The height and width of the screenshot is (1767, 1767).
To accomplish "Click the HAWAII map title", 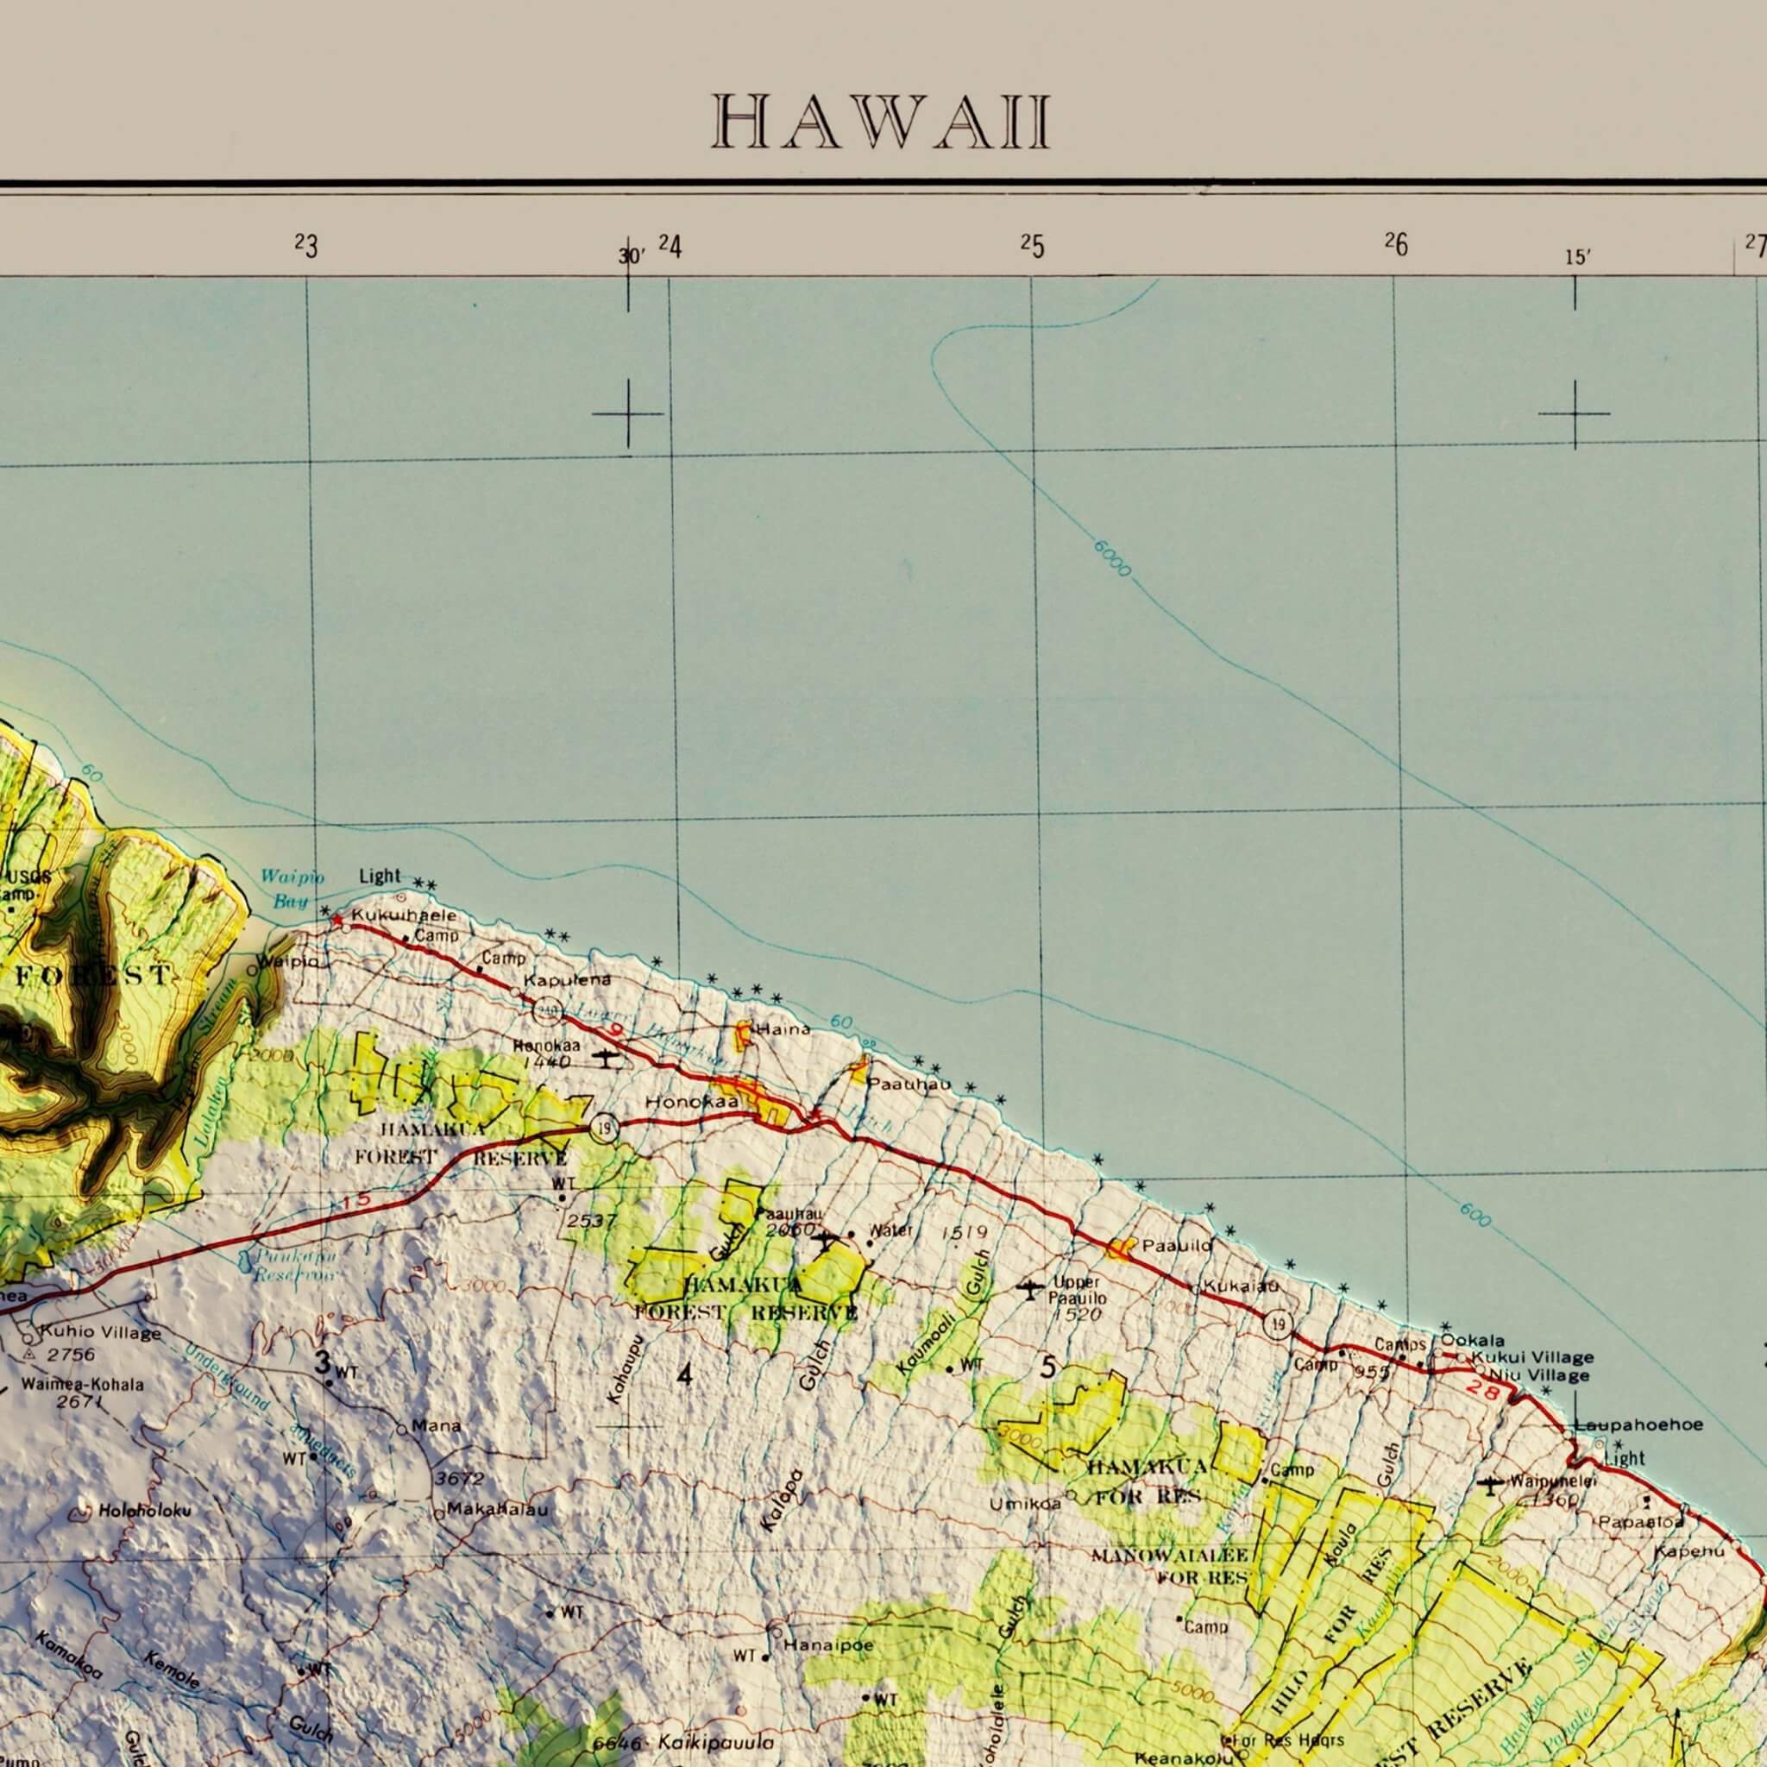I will pyautogui.click(x=882, y=122).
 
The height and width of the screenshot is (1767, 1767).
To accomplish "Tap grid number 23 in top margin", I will pyautogui.click(x=306, y=246).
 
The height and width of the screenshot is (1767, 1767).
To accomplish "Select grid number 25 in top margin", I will pyautogui.click(x=1032, y=246).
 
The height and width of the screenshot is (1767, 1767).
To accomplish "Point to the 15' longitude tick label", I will pyautogui.click(x=1575, y=258).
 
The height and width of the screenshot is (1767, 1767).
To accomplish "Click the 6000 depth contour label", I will pyautogui.click(x=1112, y=559).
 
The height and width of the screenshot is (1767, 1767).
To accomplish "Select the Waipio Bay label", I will pyautogui.click(x=292, y=889).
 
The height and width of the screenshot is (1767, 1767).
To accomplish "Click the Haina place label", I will pyautogui.click(x=783, y=1029).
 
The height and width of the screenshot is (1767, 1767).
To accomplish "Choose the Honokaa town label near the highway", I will pyautogui.click(x=691, y=1103).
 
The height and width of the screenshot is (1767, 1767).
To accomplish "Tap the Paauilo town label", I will pyautogui.click(x=1177, y=1245).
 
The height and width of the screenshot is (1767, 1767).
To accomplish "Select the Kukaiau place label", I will pyautogui.click(x=1240, y=1286).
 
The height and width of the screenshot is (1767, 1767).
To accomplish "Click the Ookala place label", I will pyautogui.click(x=1473, y=1341).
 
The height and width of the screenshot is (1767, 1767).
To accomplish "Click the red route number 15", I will pyautogui.click(x=357, y=1202).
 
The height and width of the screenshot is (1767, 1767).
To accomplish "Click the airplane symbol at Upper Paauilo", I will pyautogui.click(x=1031, y=1289).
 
